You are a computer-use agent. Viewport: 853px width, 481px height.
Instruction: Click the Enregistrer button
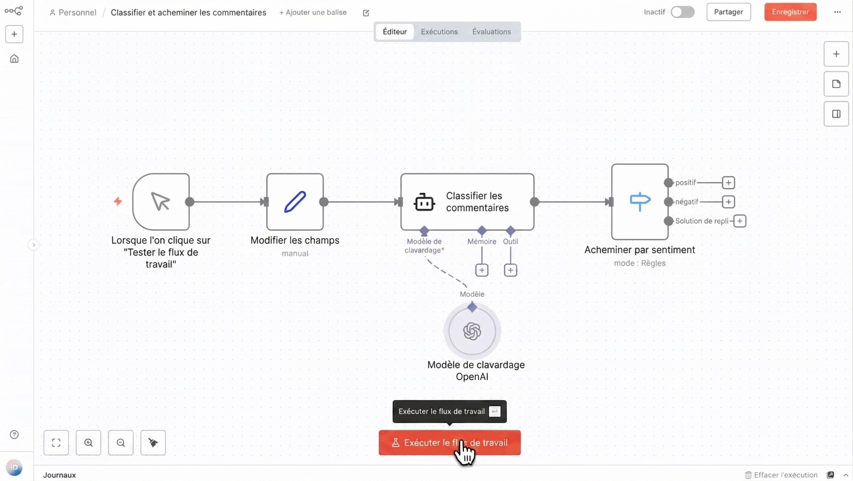click(790, 12)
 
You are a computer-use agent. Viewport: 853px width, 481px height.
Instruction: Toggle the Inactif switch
click(683, 12)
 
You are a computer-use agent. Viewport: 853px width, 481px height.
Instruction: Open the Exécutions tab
click(439, 31)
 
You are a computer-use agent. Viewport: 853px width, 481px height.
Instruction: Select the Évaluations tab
click(491, 31)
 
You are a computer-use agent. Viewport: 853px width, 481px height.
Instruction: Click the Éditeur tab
click(395, 31)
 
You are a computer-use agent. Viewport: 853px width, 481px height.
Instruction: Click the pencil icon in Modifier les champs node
click(295, 202)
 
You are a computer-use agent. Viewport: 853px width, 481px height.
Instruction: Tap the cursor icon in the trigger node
click(160, 202)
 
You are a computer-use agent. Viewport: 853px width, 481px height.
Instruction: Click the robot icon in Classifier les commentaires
click(424, 202)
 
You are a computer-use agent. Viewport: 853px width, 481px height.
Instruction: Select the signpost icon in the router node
click(640, 201)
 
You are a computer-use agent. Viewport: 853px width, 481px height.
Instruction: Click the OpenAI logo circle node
click(472, 331)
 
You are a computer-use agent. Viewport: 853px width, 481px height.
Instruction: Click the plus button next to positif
click(728, 182)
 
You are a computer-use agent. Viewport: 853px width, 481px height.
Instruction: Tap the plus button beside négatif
click(728, 202)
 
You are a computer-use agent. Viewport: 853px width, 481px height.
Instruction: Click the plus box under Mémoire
click(482, 270)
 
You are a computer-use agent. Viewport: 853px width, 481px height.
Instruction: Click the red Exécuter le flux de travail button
click(449, 443)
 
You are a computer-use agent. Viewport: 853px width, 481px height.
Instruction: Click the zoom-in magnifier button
click(88, 443)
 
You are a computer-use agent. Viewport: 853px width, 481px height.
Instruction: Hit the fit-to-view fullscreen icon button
click(56, 443)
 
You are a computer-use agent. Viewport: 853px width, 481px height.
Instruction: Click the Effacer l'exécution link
click(781, 475)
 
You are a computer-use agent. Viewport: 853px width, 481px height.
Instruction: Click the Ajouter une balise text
click(313, 12)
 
